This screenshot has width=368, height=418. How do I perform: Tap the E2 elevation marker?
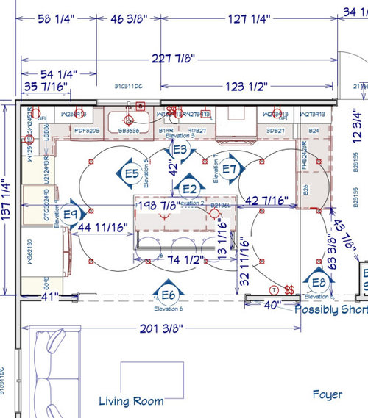189,187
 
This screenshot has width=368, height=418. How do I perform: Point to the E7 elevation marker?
230,170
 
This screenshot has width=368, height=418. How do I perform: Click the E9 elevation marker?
71,214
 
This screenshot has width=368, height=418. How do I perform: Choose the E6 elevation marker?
168,295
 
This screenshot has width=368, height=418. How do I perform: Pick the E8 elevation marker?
318,282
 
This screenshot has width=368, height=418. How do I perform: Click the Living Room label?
131,401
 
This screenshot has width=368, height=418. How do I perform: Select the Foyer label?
327,394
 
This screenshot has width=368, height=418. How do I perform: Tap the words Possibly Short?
330,309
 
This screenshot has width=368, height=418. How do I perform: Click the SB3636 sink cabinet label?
127,131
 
